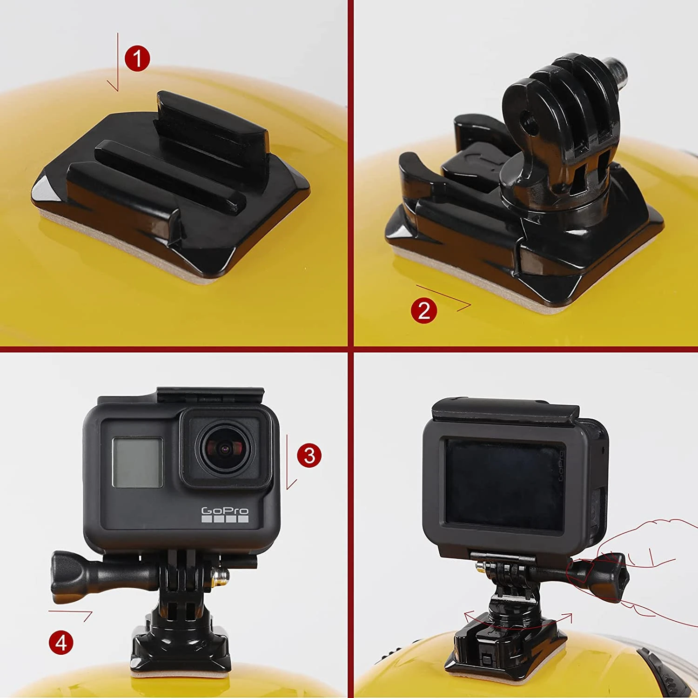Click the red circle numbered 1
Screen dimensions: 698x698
(137, 59)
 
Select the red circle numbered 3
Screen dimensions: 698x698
(309, 455)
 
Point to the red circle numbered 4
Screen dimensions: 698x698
(61, 643)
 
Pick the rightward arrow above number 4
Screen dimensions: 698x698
(71, 614)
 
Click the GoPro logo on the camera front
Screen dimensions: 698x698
(225, 514)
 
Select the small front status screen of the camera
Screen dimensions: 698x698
(138, 463)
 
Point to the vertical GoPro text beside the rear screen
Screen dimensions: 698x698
(561, 465)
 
